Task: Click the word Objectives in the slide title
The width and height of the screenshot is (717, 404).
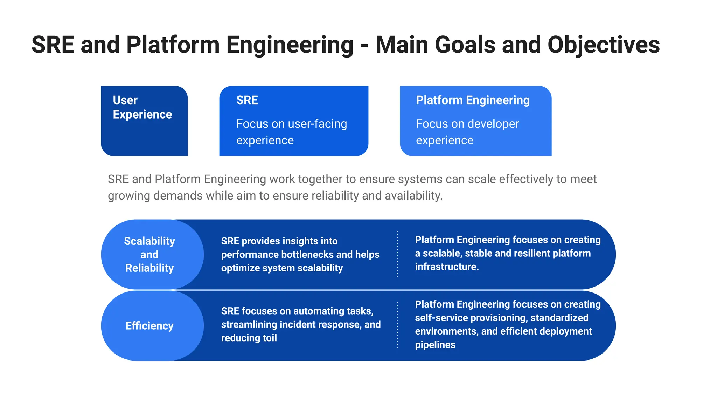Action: [604, 45]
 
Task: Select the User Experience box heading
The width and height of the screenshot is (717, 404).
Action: [142, 107]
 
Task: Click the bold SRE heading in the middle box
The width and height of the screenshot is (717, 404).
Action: [247, 100]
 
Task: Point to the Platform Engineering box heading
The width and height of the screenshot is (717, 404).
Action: [473, 100]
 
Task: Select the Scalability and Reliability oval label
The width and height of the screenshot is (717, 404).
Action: [149, 255]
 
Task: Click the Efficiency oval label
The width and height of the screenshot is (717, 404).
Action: [149, 326]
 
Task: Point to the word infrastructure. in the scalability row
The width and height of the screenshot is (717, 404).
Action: [447, 267]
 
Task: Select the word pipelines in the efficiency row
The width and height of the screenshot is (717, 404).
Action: [435, 345]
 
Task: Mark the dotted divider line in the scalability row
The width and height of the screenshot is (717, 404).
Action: [397, 254]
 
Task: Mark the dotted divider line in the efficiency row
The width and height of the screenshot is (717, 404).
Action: [397, 325]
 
